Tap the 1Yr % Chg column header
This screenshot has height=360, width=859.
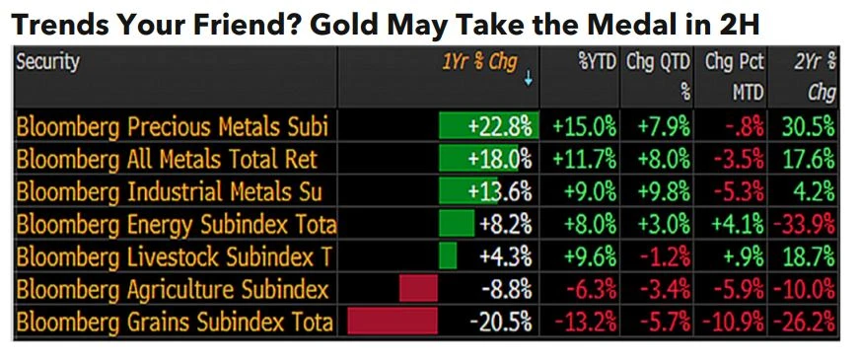click(479, 62)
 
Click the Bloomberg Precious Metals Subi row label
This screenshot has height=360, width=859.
click(172, 127)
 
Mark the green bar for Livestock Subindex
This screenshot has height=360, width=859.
click(448, 257)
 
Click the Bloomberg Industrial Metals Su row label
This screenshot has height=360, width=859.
click(172, 192)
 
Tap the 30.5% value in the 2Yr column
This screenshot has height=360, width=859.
click(810, 127)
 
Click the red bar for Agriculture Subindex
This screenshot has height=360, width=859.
click(417, 290)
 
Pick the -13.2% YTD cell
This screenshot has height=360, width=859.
click(585, 323)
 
